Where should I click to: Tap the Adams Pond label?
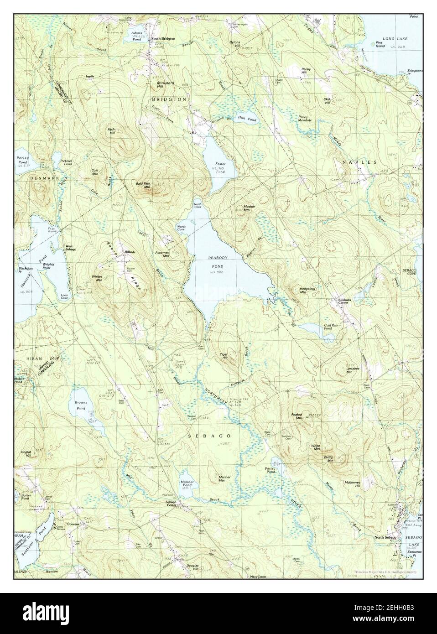click(x=137, y=36)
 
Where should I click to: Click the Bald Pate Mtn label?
click(x=143, y=185)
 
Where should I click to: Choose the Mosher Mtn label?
click(x=249, y=208)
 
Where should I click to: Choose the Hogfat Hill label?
click(x=26, y=453)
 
